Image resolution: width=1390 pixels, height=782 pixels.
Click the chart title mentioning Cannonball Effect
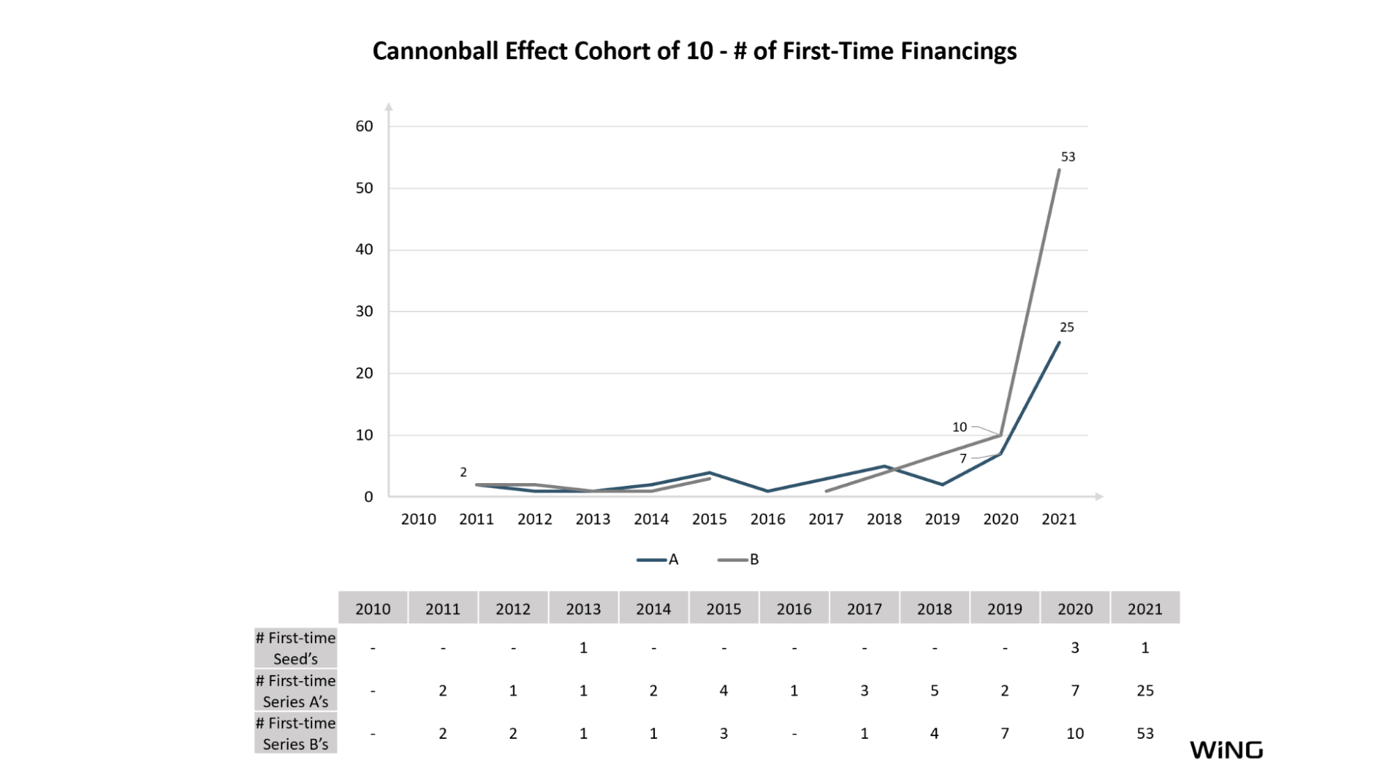click(695, 51)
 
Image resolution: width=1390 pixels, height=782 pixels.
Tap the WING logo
click(1226, 750)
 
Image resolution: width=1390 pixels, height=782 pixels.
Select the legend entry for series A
click(657, 560)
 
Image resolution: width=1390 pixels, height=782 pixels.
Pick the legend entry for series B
click(738, 560)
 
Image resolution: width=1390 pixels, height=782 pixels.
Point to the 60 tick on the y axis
click(364, 127)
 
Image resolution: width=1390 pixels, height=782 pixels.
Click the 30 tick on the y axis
click(364, 311)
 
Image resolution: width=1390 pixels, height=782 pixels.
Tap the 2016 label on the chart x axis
click(768, 519)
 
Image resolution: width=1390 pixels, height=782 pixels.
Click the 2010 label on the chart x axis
click(419, 519)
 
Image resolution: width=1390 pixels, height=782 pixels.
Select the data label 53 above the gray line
click(1068, 157)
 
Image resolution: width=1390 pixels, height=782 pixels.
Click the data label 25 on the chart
click(1067, 327)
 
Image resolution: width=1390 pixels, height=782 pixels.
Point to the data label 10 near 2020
click(960, 427)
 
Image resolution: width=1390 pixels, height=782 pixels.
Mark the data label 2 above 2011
click(463, 473)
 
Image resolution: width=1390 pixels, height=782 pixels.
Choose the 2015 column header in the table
click(724, 609)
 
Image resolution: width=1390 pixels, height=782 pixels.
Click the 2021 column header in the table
click(1145, 609)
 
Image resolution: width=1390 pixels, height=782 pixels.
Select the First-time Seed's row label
click(296, 648)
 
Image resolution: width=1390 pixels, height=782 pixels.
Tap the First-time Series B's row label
click(296, 733)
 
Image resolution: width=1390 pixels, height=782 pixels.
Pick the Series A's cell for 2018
click(935, 691)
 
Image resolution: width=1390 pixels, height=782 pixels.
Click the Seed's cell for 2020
click(1075, 648)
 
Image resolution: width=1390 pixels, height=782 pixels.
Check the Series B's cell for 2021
click(1145, 733)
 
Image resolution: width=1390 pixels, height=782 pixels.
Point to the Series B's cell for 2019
click(1005, 733)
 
